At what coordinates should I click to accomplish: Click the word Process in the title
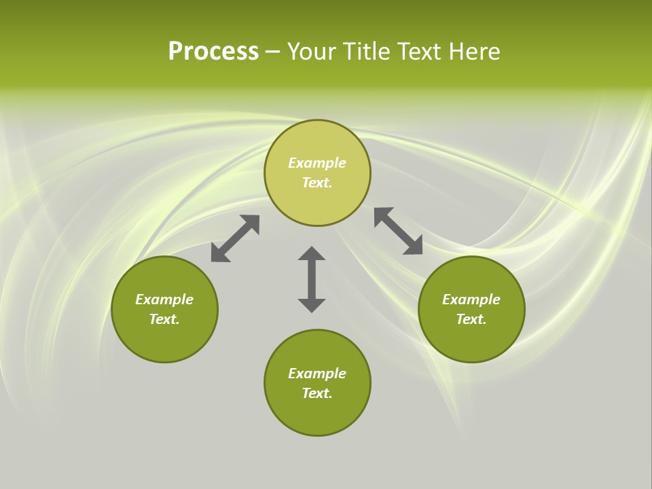pyautogui.click(x=213, y=52)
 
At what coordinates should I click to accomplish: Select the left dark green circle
pyautogui.click(x=164, y=340)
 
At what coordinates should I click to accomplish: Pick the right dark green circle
pyautogui.click(x=471, y=340)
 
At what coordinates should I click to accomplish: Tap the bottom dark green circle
pyautogui.click(x=317, y=414)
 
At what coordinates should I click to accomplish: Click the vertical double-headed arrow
pyautogui.click(x=312, y=280)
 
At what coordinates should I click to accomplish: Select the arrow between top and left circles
pyautogui.click(x=235, y=238)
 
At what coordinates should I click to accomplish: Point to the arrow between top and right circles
pyautogui.click(x=399, y=231)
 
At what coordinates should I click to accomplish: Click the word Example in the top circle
pyautogui.click(x=317, y=163)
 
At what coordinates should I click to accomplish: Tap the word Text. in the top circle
pyautogui.click(x=317, y=183)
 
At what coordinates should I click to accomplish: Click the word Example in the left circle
pyautogui.click(x=164, y=300)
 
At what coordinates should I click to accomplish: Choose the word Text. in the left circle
pyautogui.click(x=164, y=319)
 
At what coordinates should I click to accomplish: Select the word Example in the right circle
pyautogui.click(x=471, y=300)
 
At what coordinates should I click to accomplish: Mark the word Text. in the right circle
pyautogui.click(x=471, y=319)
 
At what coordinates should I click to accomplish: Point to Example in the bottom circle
pyautogui.click(x=317, y=374)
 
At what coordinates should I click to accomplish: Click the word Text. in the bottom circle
pyautogui.click(x=317, y=393)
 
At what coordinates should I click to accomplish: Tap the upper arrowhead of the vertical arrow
pyautogui.click(x=312, y=255)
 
